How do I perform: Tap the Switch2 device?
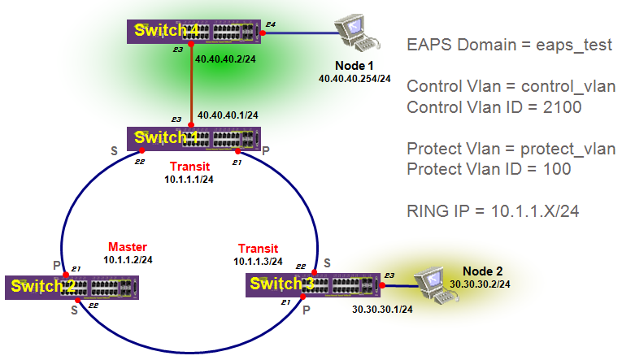72,287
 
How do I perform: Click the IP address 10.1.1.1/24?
189,178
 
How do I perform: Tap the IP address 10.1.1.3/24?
259,261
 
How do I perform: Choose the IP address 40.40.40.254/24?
355,79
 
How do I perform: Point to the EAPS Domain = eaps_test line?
509,45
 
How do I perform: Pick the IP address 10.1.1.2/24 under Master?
128,259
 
